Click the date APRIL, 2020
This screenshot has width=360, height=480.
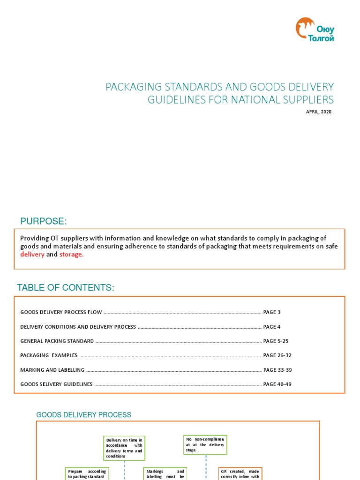[318, 112]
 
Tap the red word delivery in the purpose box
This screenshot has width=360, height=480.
[32, 255]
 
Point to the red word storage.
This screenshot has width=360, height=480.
[71, 255]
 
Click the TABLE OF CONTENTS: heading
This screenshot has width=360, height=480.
[66, 288]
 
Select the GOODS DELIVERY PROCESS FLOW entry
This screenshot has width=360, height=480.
[61, 312]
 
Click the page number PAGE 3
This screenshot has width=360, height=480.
[272, 312]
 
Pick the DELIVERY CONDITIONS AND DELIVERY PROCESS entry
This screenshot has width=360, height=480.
[78, 327]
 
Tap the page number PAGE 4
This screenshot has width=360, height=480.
[272, 327]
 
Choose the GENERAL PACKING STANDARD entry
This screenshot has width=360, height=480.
[57, 341]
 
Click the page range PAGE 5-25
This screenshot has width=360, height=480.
[276, 341]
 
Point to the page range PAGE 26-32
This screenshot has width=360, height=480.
[277, 355]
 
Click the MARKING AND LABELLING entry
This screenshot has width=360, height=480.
[52, 370]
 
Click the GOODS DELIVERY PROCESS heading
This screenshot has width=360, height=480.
[84, 415]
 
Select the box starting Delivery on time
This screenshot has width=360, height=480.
[124, 448]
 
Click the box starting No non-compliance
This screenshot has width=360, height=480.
[205, 444]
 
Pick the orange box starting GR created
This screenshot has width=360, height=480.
[240, 473]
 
